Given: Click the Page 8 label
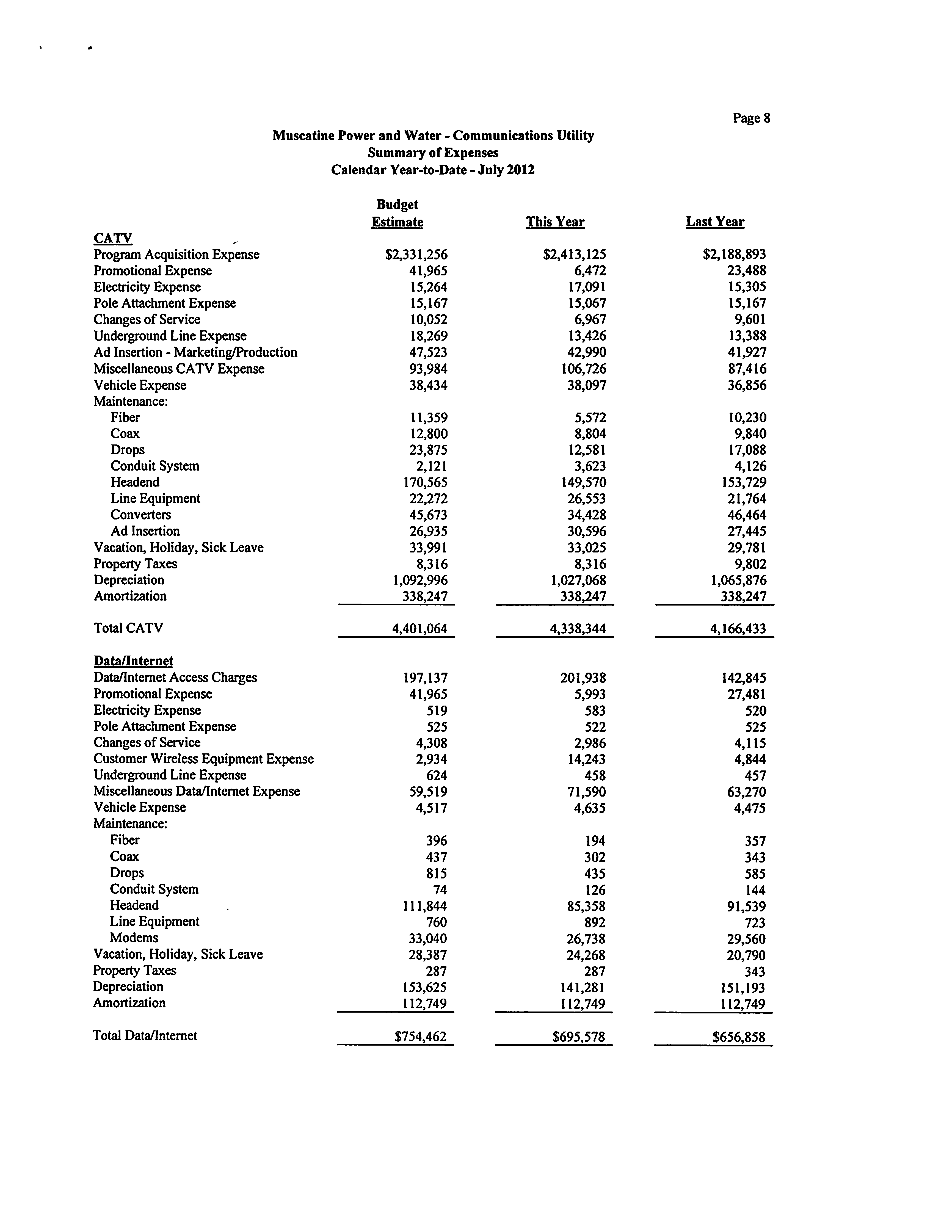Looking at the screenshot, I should tap(751, 118).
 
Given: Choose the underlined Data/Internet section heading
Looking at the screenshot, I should tap(133, 661).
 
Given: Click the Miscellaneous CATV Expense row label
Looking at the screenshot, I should tap(179, 369).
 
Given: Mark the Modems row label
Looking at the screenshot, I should tap(134, 938).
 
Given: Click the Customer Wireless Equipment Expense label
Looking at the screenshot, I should tap(203, 759).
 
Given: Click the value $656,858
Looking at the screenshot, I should tap(739, 1037).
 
